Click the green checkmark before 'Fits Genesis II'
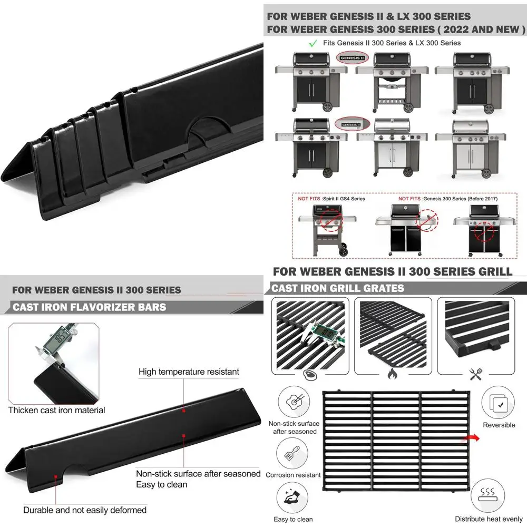coord(313,43)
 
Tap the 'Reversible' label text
coord(498,425)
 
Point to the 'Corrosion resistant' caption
coord(293,475)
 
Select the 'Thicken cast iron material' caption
coord(57,410)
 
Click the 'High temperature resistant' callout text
coord(189,372)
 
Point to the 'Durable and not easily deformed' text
coord(85,510)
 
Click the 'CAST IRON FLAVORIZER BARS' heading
coord(90,307)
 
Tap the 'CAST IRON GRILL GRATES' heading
coord(338,288)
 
